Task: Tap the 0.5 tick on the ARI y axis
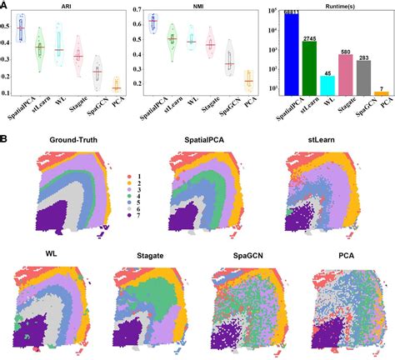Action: coord(8,24)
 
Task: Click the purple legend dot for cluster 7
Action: coord(131,215)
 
